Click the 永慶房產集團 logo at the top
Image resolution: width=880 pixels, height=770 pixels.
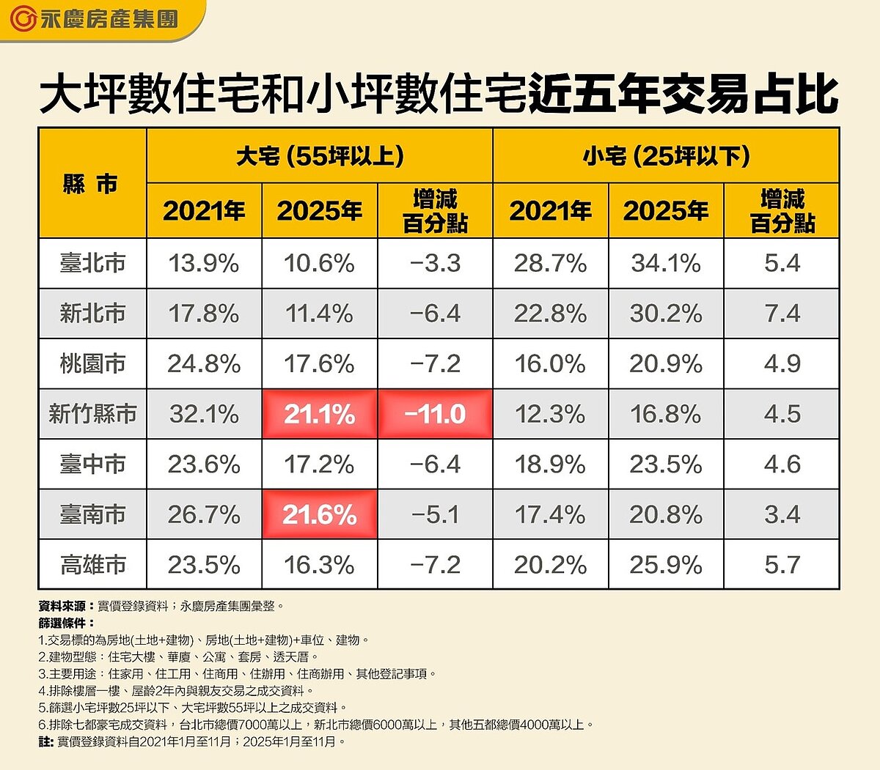[95, 19]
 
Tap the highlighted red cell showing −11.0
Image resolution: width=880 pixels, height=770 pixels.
[435, 414]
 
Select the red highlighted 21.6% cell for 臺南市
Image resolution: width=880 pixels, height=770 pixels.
[320, 514]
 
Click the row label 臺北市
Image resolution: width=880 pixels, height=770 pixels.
[92, 263]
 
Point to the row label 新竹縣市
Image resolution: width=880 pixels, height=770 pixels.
[92, 414]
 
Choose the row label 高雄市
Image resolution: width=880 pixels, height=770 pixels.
[92, 565]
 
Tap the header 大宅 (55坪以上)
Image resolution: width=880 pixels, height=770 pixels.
[320, 155]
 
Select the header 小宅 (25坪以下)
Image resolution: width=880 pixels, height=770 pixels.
[666, 155]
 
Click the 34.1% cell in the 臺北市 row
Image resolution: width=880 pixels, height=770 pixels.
[666, 263]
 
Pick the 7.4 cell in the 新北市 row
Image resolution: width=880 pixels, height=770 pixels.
[782, 314]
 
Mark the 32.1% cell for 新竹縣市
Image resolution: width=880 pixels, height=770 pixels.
[204, 414]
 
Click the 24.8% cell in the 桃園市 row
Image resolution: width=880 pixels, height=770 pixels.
[204, 363]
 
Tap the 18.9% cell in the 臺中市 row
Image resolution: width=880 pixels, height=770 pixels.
[550, 464]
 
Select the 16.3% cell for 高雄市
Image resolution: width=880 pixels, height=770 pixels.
[320, 565]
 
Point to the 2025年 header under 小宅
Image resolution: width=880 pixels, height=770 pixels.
[666, 211]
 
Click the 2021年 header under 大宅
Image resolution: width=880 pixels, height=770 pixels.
[204, 211]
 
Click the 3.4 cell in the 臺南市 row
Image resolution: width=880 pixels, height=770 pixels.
[782, 514]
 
